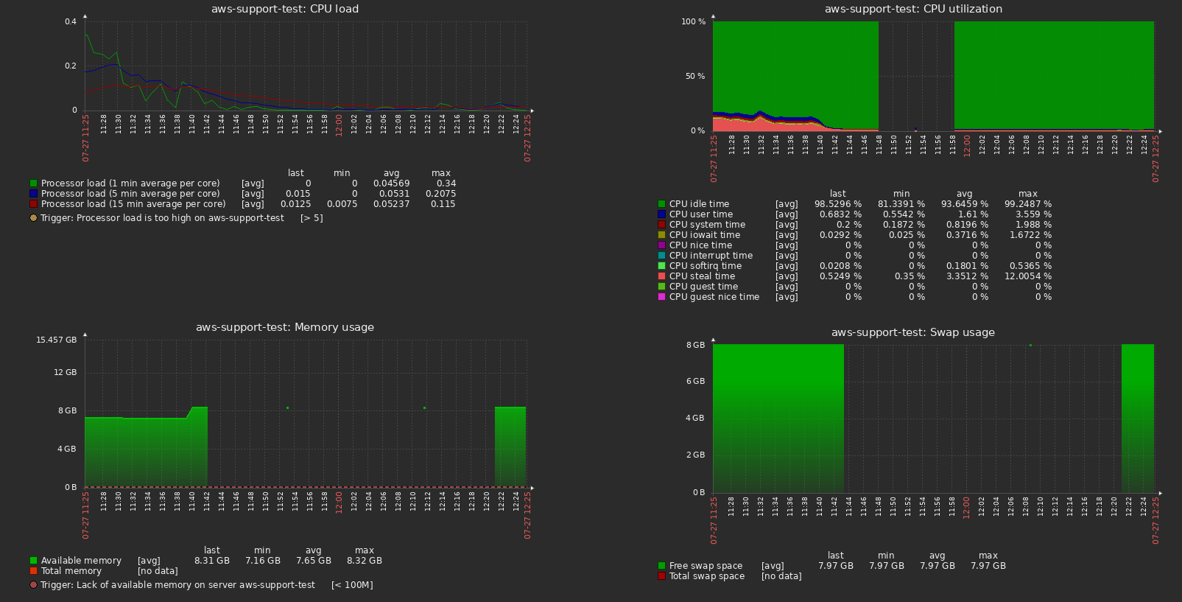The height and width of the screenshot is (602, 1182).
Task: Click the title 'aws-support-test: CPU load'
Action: click(x=285, y=9)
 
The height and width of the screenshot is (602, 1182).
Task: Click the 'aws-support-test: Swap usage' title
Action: click(x=912, y=332)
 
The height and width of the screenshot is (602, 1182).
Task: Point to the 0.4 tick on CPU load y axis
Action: click(x=71, y=21)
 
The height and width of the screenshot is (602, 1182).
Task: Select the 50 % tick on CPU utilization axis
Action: click(x=694, y=76)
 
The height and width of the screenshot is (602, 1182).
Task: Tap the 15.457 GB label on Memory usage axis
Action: click(x=56, y=340)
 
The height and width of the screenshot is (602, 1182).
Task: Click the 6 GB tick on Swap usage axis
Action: click(x=695, y=381)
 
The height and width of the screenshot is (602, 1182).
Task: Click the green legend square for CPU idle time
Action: click(x=661, y=204)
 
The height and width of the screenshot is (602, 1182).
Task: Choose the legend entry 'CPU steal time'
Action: click(x=701, y=276)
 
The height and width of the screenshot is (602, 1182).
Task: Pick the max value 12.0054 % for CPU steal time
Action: click(x=1027, y=276)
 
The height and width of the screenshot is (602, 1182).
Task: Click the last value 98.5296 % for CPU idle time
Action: click(x=837, y=204)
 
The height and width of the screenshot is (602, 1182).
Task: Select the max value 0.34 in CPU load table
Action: click(x=446, y=183)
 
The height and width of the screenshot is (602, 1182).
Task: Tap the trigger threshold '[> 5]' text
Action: click(x=312, y=218)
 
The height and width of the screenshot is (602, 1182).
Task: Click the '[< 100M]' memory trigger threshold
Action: click(x=352, y=585)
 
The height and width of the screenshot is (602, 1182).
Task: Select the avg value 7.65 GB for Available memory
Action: click(x=313, y=561)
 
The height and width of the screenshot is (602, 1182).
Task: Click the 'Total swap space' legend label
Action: click(x=706, y=576)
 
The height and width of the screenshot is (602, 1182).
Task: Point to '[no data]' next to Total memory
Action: click(x=158, y=571)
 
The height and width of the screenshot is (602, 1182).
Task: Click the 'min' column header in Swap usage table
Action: click(x=886, y=556)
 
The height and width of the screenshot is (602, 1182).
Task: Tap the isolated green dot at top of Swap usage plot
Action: click(x=1030, y=345)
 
